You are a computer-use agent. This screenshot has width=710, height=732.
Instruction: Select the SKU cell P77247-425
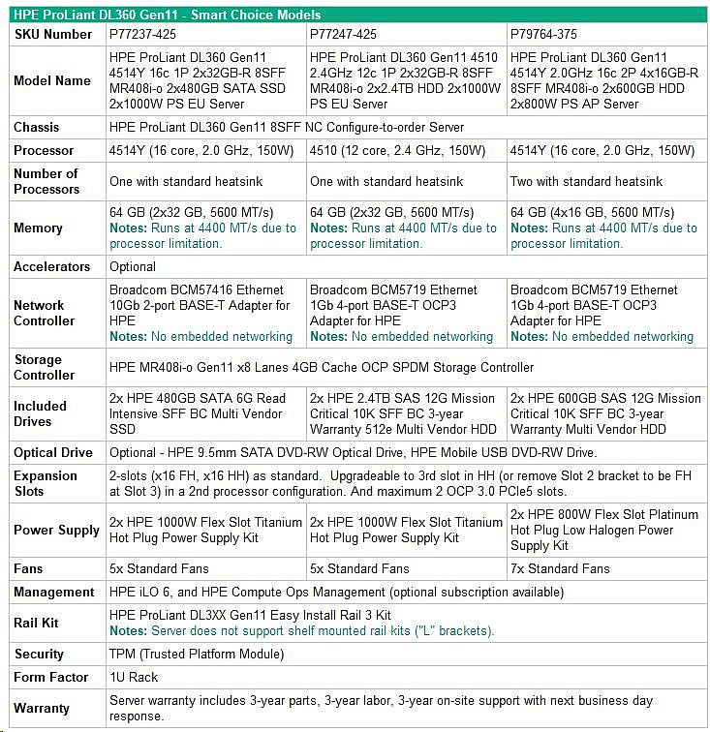click(343, 35)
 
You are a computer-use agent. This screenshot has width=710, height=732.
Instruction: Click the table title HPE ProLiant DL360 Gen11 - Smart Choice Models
click(167, 15)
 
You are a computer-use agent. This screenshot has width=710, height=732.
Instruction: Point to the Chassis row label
click(37, 128)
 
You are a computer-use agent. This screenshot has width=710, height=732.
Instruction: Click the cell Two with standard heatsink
click(587, 182)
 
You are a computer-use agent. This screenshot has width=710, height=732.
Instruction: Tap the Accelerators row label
click(52, 267)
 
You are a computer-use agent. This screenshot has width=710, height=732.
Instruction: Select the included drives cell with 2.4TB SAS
click(403, 413)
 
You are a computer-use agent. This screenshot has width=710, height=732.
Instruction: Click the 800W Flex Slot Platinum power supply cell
click(603, 531)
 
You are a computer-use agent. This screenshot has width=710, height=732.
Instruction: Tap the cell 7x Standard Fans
click(560, 569)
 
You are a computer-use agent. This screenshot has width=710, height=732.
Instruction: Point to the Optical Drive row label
click(53, 453)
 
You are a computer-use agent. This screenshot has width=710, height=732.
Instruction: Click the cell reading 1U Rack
click(134, 678)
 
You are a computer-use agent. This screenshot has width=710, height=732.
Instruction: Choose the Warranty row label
click(42, 709)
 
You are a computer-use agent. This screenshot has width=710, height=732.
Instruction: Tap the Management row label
click(54, 593)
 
